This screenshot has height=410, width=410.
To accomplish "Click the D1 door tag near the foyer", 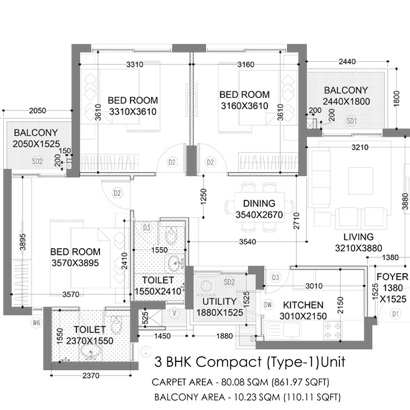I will [x=396, y=314].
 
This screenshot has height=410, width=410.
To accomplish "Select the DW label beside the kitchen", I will [x=268, y=304].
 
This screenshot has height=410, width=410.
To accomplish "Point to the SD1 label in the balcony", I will [x=352, y=120].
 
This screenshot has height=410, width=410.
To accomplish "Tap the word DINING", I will [x=259, y=203].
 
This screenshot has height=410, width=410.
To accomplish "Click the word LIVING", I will [x=358, y=237].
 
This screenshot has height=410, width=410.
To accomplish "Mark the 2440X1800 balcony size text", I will [x=346, y=102].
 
